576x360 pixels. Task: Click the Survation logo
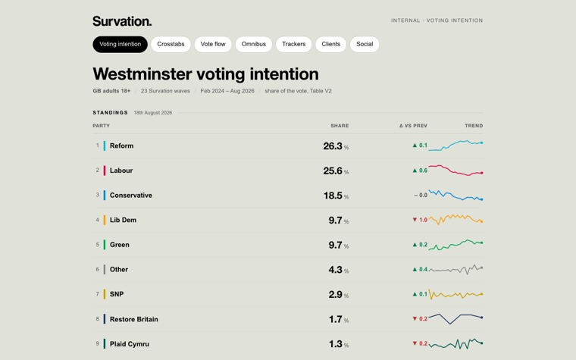[x=122, y=21]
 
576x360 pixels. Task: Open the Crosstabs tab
[x=171, y=44]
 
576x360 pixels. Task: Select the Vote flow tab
[x=213, y=44]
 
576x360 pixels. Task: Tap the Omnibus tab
[x=253, y=44]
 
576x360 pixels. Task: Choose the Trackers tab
[x=293, y=44]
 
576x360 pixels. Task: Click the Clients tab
[x=330, y=44]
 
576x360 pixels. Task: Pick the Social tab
[x=365, y=44]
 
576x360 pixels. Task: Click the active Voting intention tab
[x=120, y=44]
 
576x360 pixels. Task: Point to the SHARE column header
[x=340, y=126]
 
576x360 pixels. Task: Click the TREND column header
[x=474, y=126]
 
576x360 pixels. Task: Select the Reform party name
[x=121, y=146]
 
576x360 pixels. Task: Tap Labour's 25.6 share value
[x=333, y=171]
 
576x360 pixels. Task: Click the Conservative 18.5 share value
[x=333, y=196]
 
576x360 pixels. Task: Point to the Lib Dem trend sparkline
[x=456, y=220]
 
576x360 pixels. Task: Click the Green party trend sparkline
[x=456, y=245]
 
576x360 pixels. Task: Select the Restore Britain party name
[x=133, y=319]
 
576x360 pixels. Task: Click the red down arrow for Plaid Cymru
[x=415, y=343]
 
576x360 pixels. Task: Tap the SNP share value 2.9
[x=336, y=294]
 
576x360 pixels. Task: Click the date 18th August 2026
[x=153, y=113]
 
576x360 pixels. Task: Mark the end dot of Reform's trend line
[x=481, y=143]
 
